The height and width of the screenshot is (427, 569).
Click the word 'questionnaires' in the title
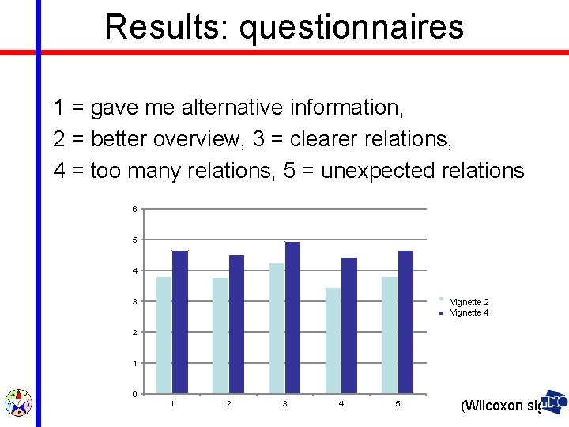coord(351,27)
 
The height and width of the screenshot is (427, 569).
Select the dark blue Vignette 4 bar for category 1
coord(180,322)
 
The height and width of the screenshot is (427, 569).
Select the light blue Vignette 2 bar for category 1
coord(164,334)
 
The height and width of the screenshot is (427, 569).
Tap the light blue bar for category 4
coord(333,340)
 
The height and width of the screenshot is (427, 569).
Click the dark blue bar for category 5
coord(405,322)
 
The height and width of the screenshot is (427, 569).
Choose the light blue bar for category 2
coord(220,335)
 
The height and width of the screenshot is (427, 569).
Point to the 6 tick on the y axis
coord(134,209)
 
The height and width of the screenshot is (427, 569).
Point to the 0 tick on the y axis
coord(134,394)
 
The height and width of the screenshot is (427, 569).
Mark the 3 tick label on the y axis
coord(134,301)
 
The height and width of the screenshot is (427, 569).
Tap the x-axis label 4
coord(341,404)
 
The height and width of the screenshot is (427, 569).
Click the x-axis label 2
coord(228,404)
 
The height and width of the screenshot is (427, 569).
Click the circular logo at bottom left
coord(17,402)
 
